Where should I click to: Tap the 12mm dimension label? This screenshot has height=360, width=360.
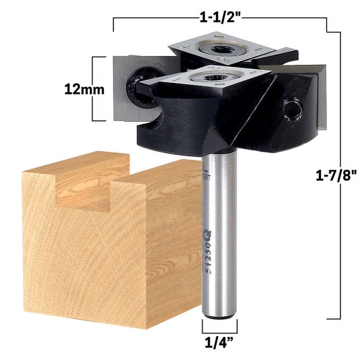tap(84, 89)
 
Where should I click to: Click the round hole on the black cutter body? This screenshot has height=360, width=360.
tap(292, 109)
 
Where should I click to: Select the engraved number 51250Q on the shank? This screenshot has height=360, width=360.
tap(208, 252)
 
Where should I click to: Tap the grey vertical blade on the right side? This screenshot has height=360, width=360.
tap(321, 97)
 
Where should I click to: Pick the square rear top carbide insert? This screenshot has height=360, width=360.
tap(220, 47)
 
